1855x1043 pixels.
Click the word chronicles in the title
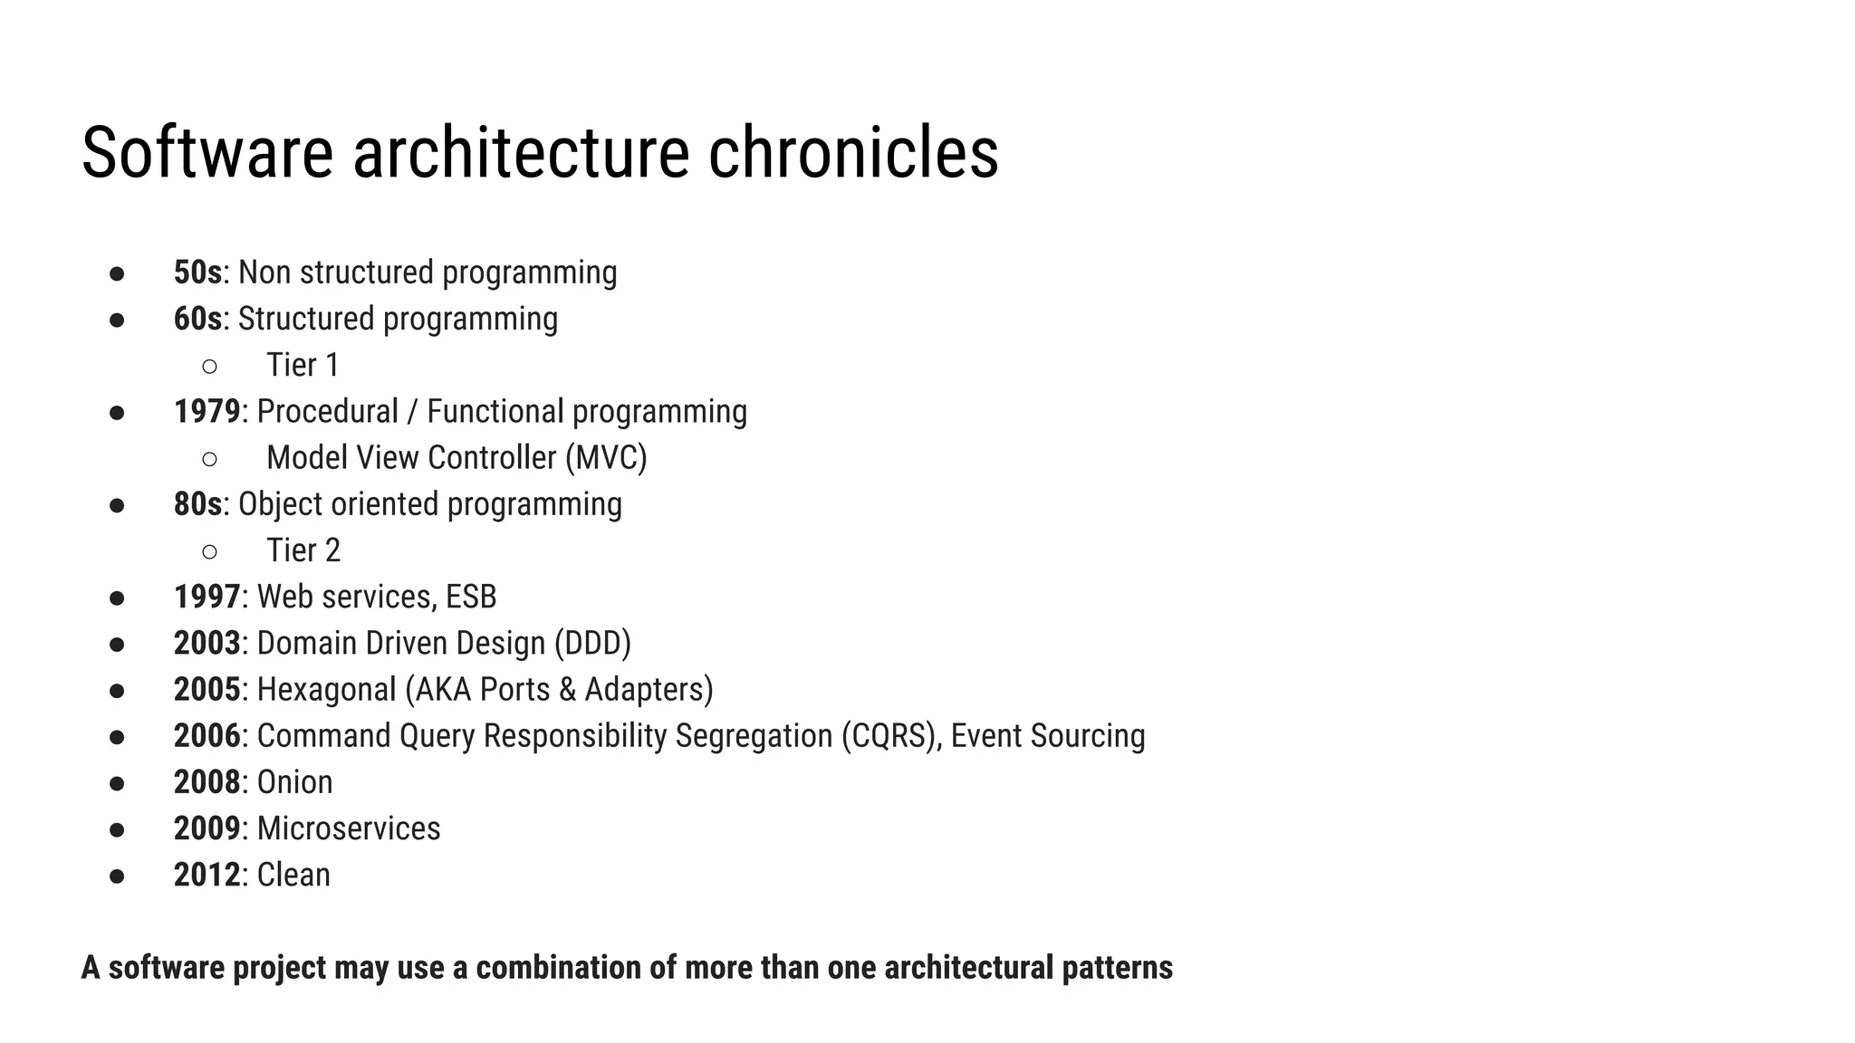852,152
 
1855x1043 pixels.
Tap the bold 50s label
197,273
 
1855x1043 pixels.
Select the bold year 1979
207,412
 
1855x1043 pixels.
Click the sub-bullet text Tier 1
303,366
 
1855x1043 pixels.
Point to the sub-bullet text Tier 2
303,550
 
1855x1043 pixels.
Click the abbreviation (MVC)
606,458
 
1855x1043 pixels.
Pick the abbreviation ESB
471,598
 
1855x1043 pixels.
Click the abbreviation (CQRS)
891,736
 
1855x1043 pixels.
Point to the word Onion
294,782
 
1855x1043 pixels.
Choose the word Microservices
349,828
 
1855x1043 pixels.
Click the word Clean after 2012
293,875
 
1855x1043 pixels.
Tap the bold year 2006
207,736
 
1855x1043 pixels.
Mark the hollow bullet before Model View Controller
209,459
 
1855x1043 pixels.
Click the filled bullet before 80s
117,505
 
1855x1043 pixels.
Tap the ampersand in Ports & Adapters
568,690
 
